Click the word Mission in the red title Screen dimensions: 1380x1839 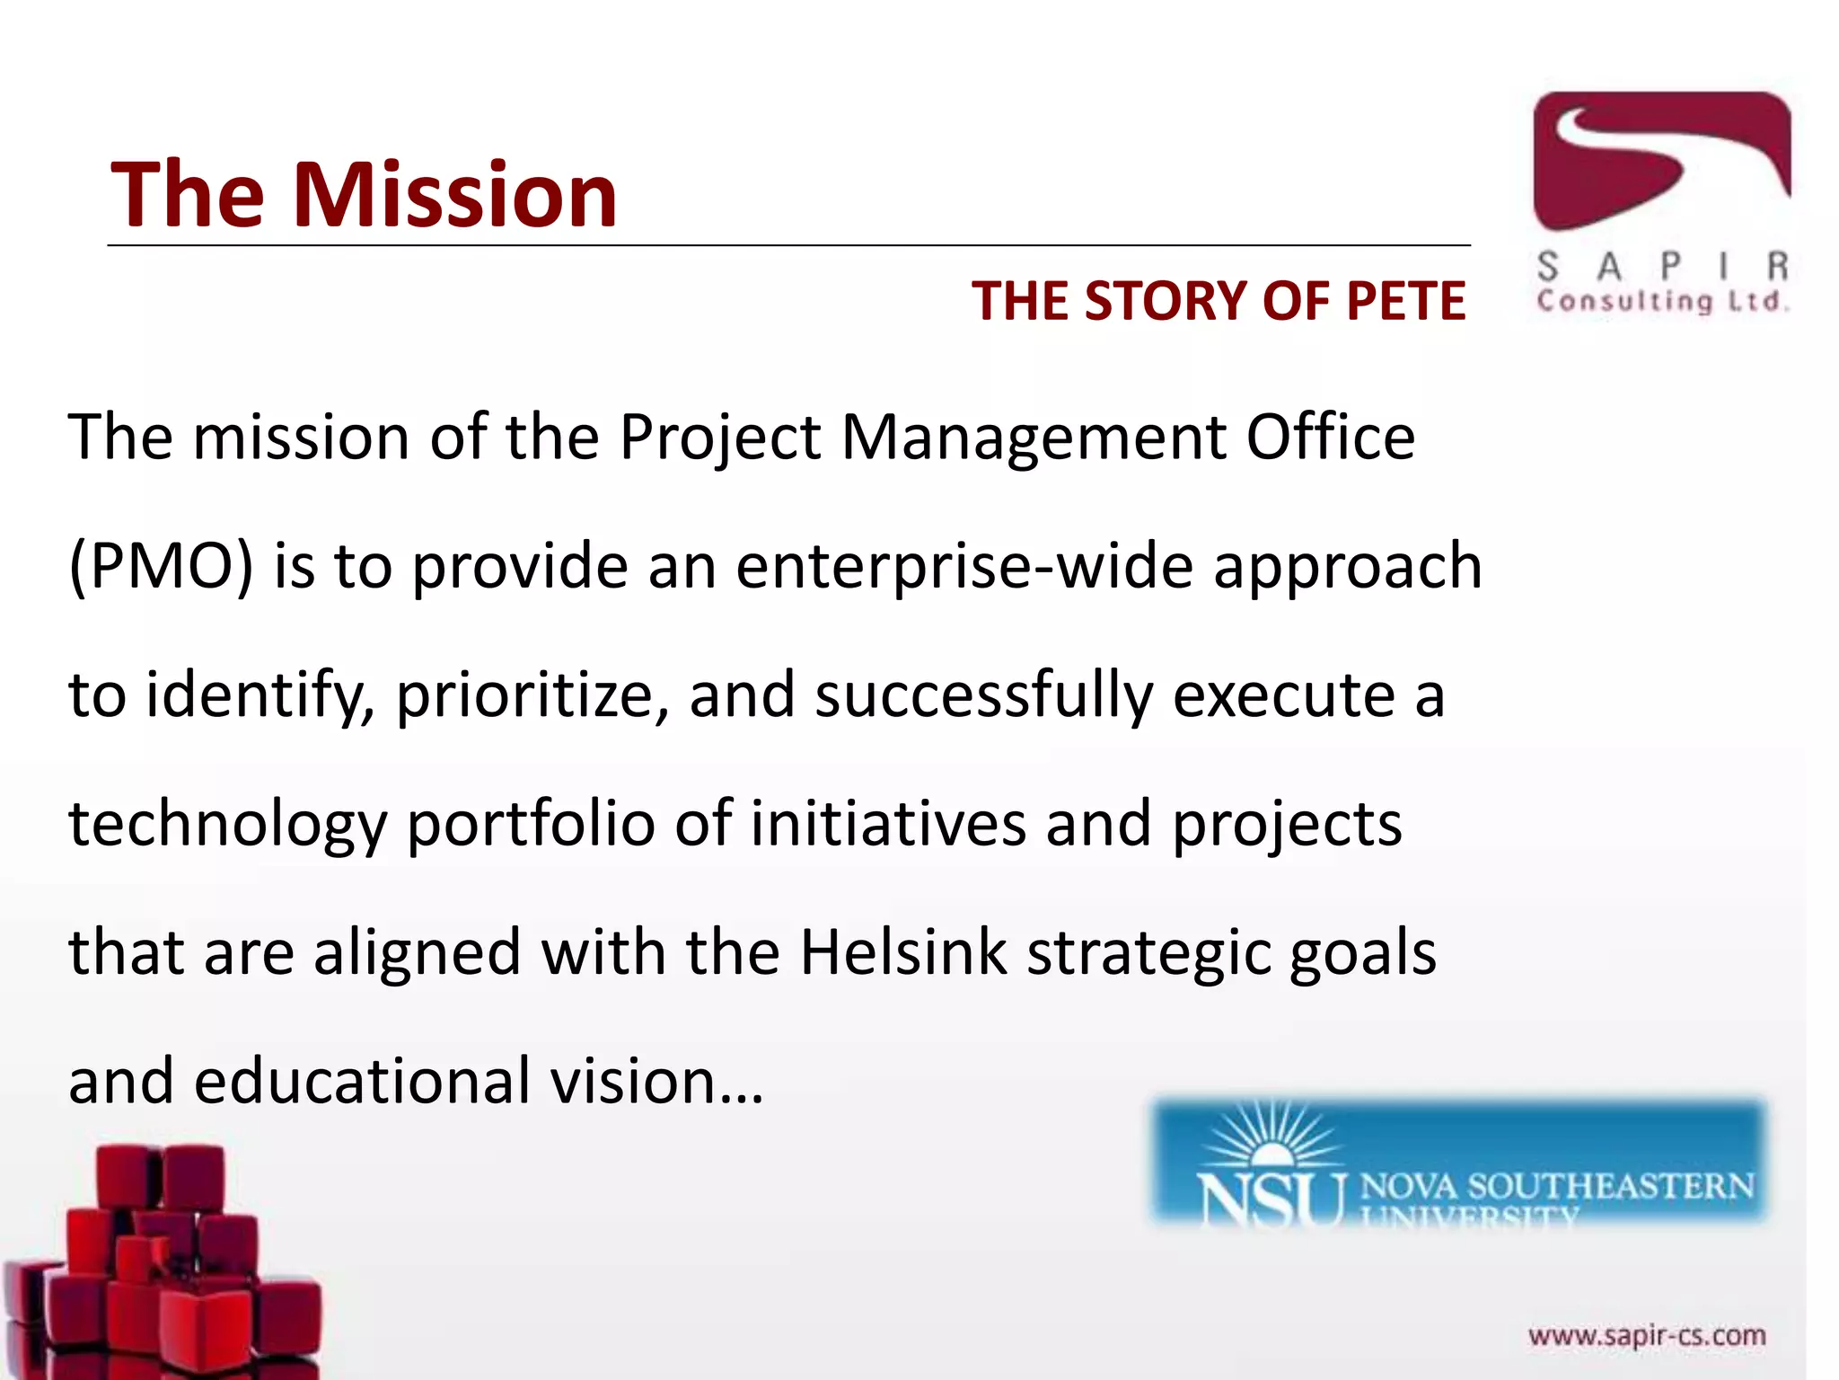(455, 194)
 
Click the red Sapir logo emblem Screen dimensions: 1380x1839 (1660, 162)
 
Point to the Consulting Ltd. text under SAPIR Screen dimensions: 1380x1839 (1660, 301)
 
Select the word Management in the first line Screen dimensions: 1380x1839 (1034, 438)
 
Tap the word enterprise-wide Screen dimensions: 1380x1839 (964, 567)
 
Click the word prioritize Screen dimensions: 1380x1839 (531, 696)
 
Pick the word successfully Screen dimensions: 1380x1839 (982, 696)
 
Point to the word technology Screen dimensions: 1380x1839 (227, 825)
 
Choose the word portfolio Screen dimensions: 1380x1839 (531, 825)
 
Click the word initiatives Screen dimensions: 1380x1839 (887, 825)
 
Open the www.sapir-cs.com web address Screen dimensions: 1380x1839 (1647, 1336)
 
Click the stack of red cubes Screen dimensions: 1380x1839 (162, 1267)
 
